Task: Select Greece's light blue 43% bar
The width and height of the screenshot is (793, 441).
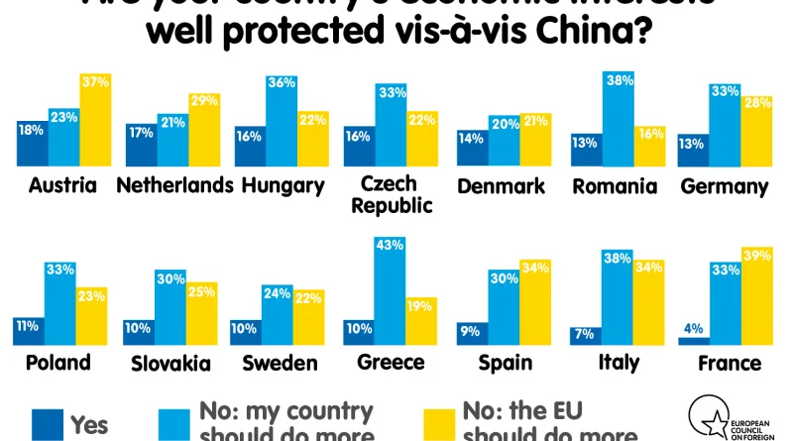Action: (x=391, y=287)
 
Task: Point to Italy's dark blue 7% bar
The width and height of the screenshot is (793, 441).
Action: (x=585, y=335)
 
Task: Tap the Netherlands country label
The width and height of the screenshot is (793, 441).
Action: (x=173, y=186)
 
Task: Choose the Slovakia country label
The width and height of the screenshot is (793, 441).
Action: (x=170, y=363)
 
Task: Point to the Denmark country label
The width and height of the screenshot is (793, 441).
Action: (x=501, y=186)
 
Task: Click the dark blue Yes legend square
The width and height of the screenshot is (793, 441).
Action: (x=46, y=424)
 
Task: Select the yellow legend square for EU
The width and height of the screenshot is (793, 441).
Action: (x=440, y=424)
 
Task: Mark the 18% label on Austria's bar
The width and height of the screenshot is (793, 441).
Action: (x=30, y=129)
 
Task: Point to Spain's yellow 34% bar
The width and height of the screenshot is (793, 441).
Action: (x=534, y=303)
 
